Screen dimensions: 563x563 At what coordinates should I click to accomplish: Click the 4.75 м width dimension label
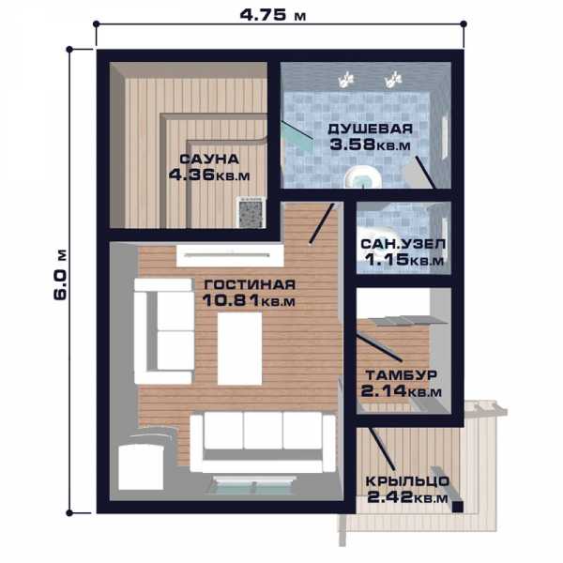tap(273, 15)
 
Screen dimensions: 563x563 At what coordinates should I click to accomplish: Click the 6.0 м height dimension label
tap(60, 274)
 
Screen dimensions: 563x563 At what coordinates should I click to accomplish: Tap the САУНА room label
tap(209, 160)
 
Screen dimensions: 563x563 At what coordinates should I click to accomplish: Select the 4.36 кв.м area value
tap(209, 175)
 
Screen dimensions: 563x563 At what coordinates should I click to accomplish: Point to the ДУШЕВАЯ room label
tap(371, 129)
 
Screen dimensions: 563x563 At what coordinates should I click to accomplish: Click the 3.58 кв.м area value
tap(371, 145)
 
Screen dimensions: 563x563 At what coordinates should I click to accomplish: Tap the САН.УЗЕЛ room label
tap(403, 244)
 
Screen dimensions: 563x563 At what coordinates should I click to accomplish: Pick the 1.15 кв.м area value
tap(404, 259)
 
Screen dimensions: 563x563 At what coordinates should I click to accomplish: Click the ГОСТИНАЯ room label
tap(250, 284)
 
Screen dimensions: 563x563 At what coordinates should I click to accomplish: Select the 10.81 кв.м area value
tap(249, 300)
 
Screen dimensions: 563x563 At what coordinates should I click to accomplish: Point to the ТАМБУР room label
tap(402, 375)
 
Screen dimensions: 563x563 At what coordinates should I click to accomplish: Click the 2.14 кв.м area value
tap(402, 390)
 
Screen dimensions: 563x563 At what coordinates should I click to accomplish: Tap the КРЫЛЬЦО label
tap(407, 481)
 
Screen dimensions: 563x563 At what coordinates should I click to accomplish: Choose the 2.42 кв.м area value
tap(407, 497)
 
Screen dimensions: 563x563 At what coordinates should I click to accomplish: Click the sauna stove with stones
tap(251, 212)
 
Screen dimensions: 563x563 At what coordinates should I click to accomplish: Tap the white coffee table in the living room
tap(240, 348)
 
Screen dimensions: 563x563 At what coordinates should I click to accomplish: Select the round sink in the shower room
tap(362, 177)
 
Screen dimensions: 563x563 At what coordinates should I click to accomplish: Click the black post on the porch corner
tap(458, 507)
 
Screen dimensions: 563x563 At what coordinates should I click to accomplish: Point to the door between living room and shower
tap(322, 223)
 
